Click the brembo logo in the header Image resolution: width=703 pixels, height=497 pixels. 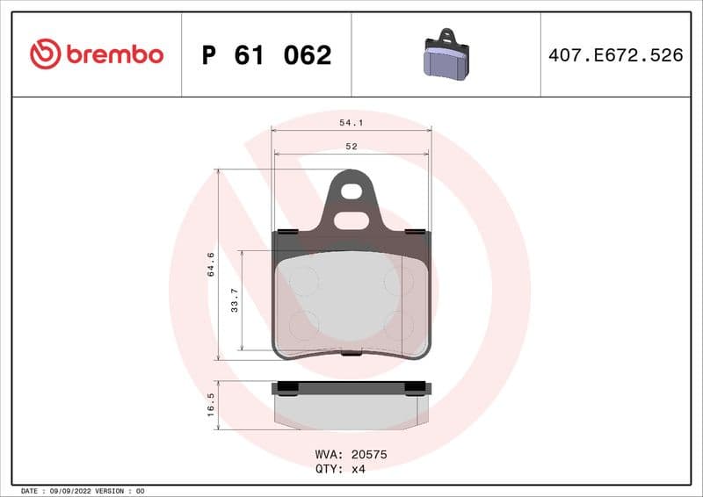click(x=97, y=54)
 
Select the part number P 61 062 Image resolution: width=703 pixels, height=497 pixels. click(x=266, y=55)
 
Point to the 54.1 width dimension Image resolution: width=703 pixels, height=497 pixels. click(x=351, y=124)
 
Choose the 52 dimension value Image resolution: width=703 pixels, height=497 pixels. click(x=351, y=147)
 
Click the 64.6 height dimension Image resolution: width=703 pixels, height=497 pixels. click(x=211, y=263)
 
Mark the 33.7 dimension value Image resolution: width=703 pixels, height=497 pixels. click(x=235, y=301)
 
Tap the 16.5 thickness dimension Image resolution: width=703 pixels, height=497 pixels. click(x=211, y=407)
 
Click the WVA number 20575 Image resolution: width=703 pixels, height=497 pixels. click(x=369, y=456)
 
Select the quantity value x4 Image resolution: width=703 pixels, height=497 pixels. click(x=358, y=469)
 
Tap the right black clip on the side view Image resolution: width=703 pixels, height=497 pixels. click(x=415, y=387)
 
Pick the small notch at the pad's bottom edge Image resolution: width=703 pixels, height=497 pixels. click(x=351, y=354)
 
